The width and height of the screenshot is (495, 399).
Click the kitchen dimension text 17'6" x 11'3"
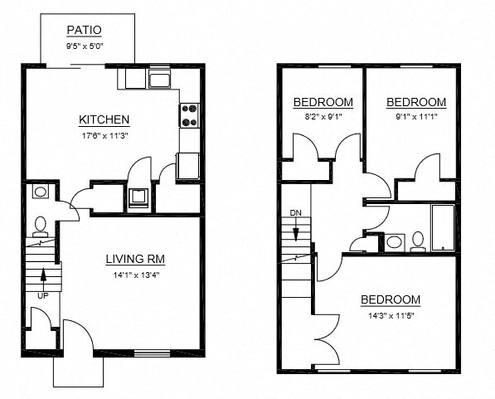point(104,134)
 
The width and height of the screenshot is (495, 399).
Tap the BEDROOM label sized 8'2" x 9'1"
point(323,102)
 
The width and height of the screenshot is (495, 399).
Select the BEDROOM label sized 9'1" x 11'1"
point(416,102)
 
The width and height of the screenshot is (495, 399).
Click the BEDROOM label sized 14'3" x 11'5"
point(390,299)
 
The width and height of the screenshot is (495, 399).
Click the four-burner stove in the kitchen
point(190,114)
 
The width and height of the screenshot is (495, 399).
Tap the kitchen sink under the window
point(158,80)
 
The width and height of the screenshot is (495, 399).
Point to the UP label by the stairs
point(42,294)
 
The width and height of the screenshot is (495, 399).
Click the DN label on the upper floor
point(296,213)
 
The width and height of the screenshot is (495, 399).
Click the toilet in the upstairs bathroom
point(418,241)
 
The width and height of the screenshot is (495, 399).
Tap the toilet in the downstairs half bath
point(39,226)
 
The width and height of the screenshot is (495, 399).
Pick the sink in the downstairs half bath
point(40,192)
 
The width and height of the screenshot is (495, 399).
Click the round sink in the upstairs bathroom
point(395,242)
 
